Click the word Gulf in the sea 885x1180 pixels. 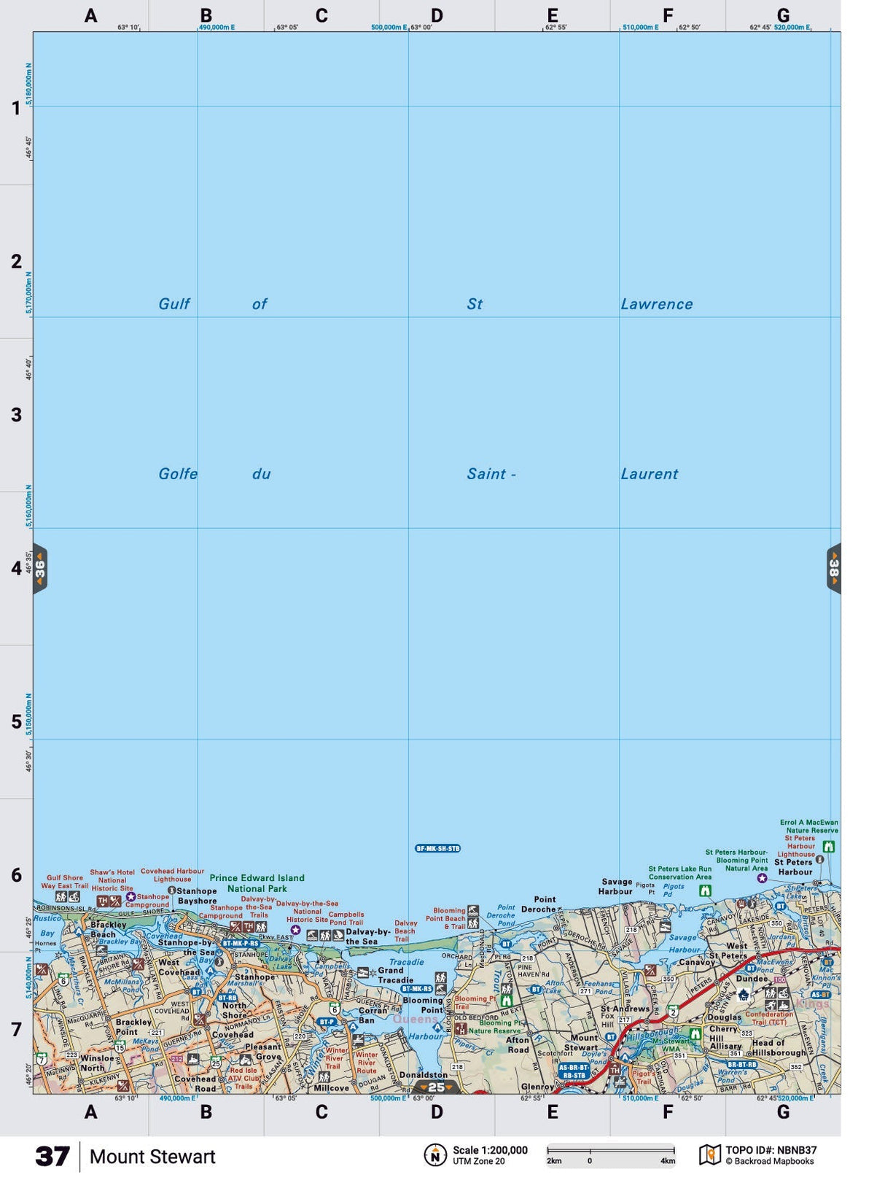174,304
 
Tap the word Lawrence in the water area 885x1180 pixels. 656,304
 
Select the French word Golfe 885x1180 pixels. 178,474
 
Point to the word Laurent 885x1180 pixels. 649,474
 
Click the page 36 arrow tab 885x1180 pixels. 40,568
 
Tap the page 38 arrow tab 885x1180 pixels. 833,568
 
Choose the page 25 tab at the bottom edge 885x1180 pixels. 436,1087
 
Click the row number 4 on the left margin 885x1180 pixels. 16,567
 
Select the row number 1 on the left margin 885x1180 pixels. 16,109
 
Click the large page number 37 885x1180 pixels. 52,1157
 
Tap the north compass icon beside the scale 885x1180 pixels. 435,1155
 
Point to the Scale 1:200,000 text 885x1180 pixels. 490,1150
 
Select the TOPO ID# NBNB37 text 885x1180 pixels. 771,1150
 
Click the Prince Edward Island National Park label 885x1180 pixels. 257,883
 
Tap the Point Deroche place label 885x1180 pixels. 541,904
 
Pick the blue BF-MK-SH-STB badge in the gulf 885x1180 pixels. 437,848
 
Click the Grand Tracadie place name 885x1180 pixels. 394,975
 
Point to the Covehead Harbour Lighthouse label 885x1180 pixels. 172,875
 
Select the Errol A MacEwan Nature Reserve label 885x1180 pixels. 808,826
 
